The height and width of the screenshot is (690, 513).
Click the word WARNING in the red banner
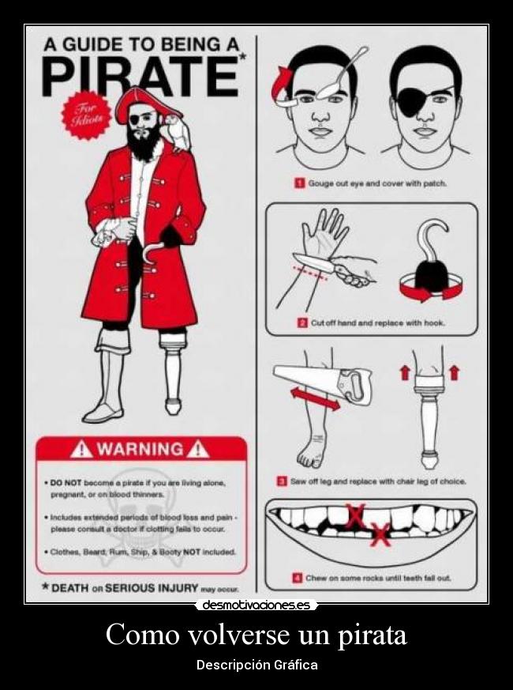click(x=140, y=450)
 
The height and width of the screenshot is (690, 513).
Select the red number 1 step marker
click(x=300, y=183)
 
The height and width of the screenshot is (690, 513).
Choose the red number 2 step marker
click(x=302, y=322)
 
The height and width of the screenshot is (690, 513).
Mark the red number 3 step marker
click(x=281, y=481)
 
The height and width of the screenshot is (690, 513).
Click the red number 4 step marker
click(x=296, y=578)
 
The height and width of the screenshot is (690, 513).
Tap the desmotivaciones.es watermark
click(x=256, y=605)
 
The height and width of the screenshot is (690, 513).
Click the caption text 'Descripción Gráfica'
click(x=256, y=665)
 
